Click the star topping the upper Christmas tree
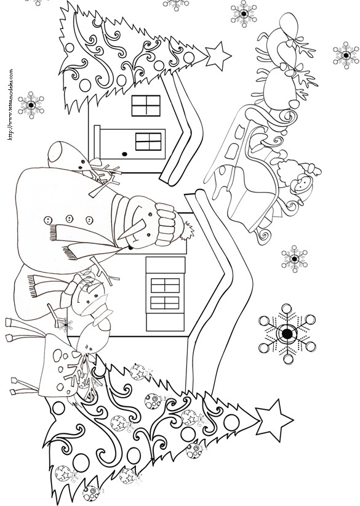[x=218, y=56]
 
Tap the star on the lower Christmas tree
[x=273, y=420]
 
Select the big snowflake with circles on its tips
[x=287, y=334]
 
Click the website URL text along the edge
[x=10, y=104]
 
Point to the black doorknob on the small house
[x=125, y=155]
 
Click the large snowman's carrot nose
[x=132, y=229]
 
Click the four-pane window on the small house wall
[x=146, y=105]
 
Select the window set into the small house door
[x=148, y=142]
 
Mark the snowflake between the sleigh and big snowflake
[x=294, y=259]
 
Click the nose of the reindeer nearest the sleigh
[x=294, y=104]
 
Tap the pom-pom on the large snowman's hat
[x=187, y=230]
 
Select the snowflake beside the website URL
[x=31, y=105]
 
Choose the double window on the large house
[x=165, y=294]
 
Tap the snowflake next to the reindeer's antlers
[x=346, y=55]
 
